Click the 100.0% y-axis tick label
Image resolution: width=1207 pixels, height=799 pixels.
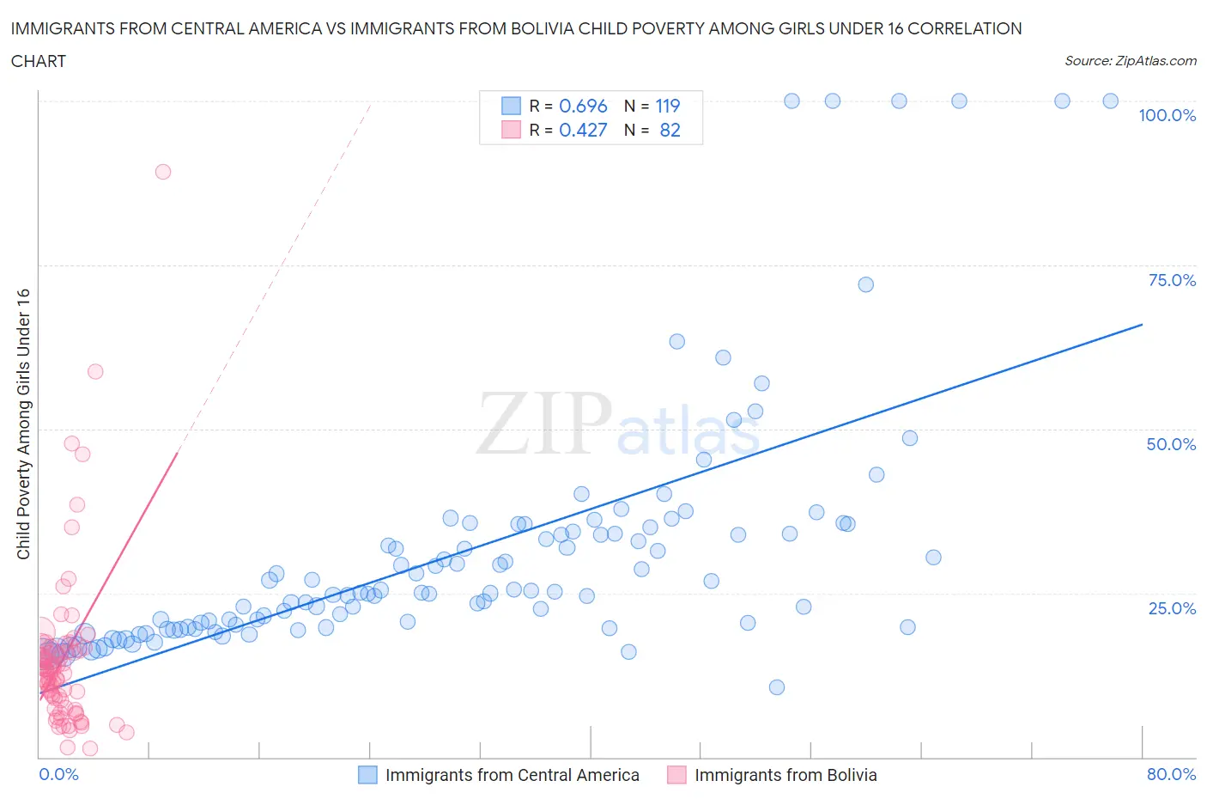(x=1167, y=116)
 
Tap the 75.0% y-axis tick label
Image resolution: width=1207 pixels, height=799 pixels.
(x=1172, y=280)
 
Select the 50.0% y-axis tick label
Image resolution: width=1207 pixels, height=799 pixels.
(x=1171, y=444)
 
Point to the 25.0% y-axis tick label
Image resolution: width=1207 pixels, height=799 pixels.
(x=1172, y=608)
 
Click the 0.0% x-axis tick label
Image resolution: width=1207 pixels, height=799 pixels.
(x=58, y=774)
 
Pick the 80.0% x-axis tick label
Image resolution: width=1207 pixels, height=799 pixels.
(x=1171, y=774)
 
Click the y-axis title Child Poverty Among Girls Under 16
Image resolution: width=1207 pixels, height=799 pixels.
(x=24, y=424)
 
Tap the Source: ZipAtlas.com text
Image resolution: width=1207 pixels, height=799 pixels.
(x=1130, y=61)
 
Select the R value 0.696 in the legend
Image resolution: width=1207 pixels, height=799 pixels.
(x=583, y=106)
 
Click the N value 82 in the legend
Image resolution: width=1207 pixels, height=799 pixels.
(x=670, y=130)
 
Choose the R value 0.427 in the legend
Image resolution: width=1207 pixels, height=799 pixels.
(x=583, y=130)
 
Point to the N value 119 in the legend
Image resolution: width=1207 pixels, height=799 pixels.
(x=668, y=106)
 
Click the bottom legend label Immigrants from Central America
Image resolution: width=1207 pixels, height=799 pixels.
(x=512, y=775)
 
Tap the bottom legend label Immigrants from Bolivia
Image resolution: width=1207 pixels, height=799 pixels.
(x=785, y=775)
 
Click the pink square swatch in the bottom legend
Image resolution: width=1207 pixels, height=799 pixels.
(x=677, y=775)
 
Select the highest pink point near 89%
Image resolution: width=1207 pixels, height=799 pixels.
(x=163, y=172)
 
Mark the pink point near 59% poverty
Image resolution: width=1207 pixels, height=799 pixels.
(x=95, y=372)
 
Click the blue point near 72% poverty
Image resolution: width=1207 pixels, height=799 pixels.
(x=865, y=284)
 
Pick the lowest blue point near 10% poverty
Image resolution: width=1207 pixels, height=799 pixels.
(x=777, y=687)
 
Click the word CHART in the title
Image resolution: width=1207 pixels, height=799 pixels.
(x=39, y=61)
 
